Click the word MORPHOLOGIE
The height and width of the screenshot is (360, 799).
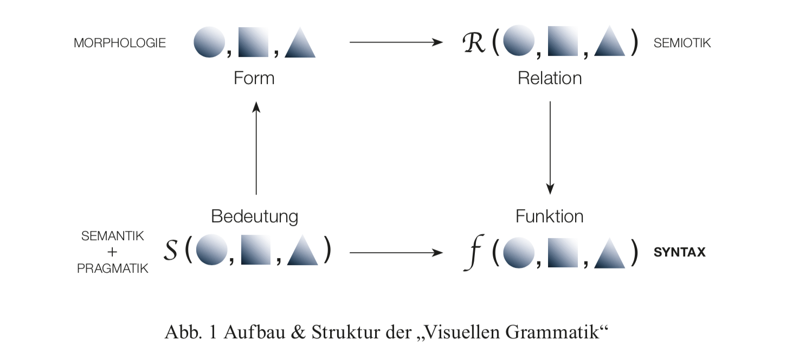[120, 43]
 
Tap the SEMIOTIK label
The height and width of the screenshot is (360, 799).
[682, 43]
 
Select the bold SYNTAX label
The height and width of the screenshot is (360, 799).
[680, 252]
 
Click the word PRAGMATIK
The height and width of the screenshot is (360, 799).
[113, 268]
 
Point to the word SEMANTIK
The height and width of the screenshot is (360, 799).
[113, 236]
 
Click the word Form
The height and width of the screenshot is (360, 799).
[254, 78]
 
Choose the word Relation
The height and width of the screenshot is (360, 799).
[550, 78]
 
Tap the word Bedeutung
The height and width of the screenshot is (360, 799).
[254, 216]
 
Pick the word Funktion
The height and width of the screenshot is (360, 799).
[550, 216]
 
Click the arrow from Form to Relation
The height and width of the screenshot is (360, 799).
[396, 42]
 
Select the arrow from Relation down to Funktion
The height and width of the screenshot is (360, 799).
[550, 147]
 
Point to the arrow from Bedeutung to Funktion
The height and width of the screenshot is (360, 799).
[396, 252]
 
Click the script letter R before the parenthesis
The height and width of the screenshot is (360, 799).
[474, 42]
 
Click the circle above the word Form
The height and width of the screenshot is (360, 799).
[209, 42]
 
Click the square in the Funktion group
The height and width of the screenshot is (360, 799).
[563, 252]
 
